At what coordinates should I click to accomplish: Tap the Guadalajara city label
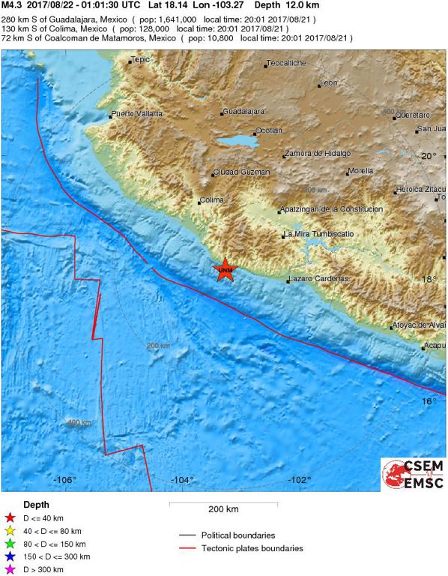pos(245,112)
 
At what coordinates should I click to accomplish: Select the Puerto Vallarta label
pos(136,114)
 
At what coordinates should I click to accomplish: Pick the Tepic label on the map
pos(141,59)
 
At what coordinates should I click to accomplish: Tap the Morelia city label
pos(360,171)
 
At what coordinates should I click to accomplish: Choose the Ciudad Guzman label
pos(241,172)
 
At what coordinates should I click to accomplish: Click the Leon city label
pos(329,82)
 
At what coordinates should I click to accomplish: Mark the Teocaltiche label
pos(287,64)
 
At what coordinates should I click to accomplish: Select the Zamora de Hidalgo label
pos(317,153)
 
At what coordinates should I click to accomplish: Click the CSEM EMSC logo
pos(412,475)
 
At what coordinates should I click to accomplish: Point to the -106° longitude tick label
pos(65,480)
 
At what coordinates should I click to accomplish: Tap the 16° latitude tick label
pos(428,401)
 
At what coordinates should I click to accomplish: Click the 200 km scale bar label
pos(223,509)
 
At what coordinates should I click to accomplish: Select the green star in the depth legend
pos(10,544)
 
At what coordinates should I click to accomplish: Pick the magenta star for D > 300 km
pos(10,570)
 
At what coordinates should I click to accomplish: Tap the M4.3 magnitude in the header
pos(12,4)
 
